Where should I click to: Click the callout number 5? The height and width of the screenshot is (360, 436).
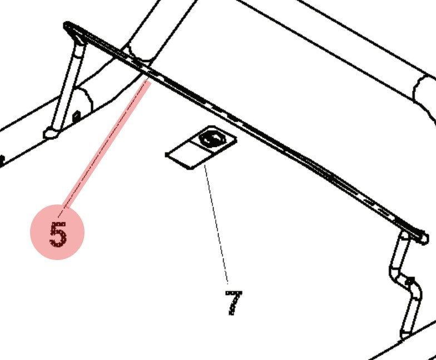[57, 233]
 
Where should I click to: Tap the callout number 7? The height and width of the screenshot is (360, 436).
[234, 303]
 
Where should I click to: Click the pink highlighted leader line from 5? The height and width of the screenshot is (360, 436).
[106, 144]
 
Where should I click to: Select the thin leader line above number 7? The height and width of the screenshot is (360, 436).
[217, 222]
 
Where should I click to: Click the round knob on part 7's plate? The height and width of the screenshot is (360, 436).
[210, 138]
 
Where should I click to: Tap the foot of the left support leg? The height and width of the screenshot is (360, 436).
[51, 133]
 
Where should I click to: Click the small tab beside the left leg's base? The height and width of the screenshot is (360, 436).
[76, 116]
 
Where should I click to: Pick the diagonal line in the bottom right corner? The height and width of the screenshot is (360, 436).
[400, 347]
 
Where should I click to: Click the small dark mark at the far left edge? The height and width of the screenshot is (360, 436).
[2, 161]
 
